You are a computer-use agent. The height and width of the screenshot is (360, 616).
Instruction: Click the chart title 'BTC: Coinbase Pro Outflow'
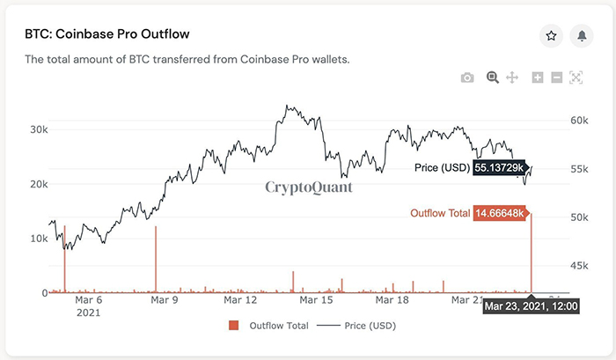pyautogui.click(x=107, y=34)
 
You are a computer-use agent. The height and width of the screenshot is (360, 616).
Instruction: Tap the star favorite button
pyautogui.click(x=551, y=35)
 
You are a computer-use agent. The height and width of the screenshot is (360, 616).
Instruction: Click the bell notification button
pyautogui.click(x=581, y=35)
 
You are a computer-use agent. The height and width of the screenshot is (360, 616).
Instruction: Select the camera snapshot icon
pyautogui.click(x=468, y=77)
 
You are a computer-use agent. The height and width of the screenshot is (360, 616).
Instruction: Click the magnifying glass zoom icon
pyautogui.click(x=493, y=77)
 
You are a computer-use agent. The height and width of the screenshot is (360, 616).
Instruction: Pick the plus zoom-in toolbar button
pyautogui.click(x=538, y=77)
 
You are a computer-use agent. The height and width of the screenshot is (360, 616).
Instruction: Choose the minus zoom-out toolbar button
pyautogui.click(x=556, y=77)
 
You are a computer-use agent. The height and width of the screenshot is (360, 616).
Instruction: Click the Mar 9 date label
pyautogui.click(x=165, y=299)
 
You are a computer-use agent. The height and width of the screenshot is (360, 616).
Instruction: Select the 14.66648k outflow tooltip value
pyautogui.click(x=500, y=213)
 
